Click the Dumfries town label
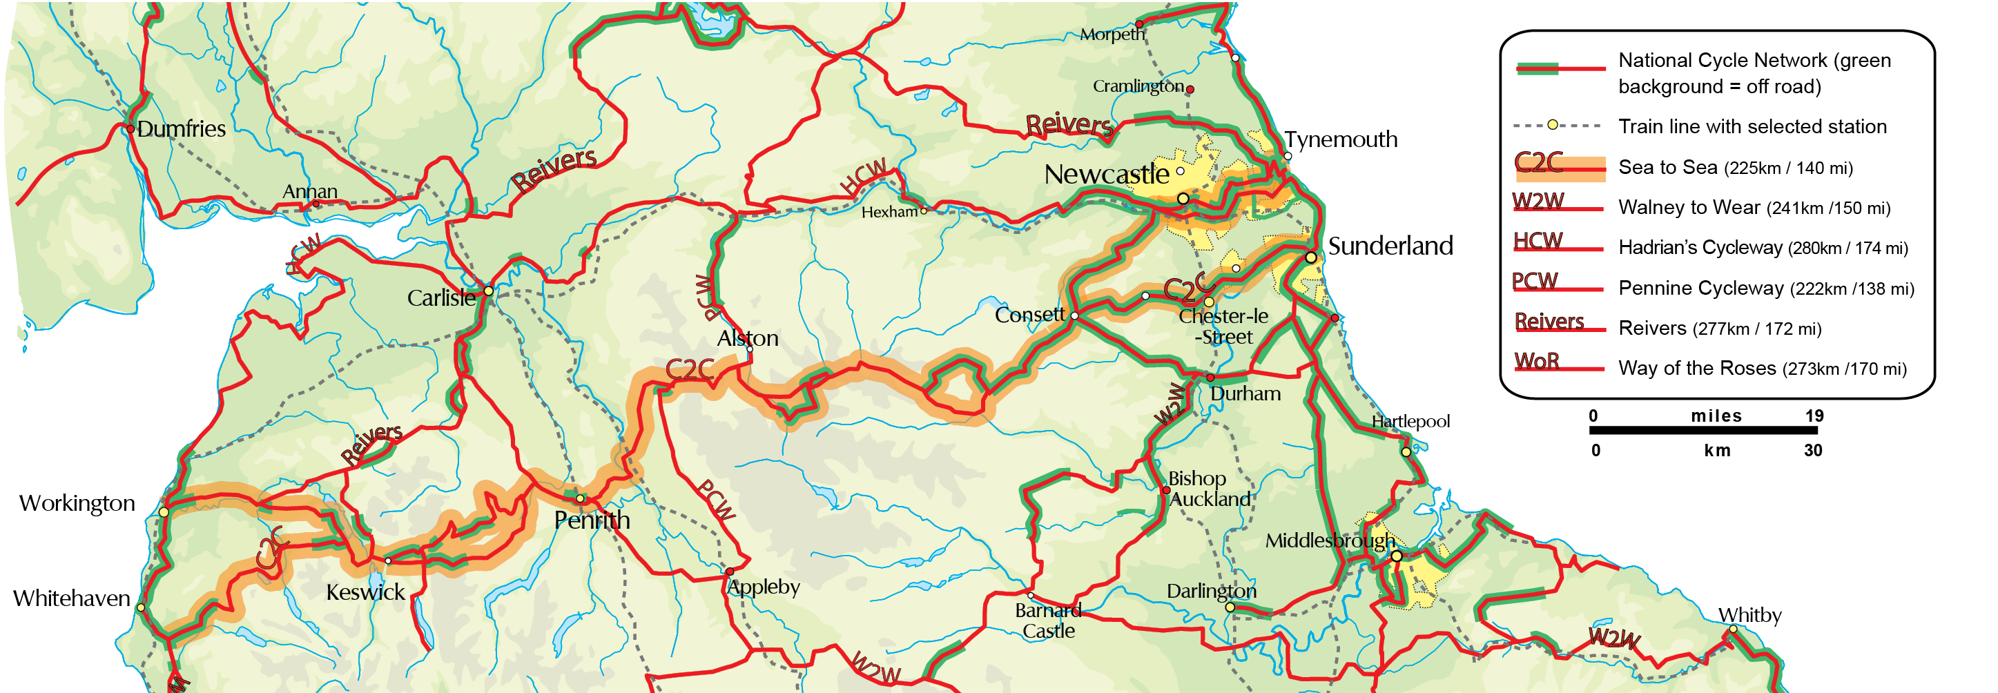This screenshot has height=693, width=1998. (181, 128)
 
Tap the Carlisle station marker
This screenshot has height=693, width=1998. (488, 291)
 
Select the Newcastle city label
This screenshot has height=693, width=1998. (1106, 175)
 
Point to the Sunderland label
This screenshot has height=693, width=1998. (1390, 246)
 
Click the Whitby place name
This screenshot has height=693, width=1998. (1749, 615)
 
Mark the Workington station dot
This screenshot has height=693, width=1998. (164, 512)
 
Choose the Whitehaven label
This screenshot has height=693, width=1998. (71, 598)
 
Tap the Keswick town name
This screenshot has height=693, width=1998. (365, 592)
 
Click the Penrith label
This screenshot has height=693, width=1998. (591, 520)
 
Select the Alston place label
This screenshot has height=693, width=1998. (747, 338)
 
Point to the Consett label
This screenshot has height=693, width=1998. (1029, 315)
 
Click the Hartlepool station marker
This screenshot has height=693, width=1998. (1406, 452)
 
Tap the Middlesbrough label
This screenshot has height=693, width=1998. (1330, 540)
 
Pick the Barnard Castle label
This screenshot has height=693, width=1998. (1048, 620)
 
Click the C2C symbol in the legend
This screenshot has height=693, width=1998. (1539, 163)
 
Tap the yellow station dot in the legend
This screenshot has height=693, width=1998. (1552, 125)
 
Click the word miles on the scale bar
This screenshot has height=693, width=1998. (1716, 416)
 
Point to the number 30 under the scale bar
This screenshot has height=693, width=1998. (1812, 450)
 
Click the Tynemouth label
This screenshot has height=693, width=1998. (1340, 139)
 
